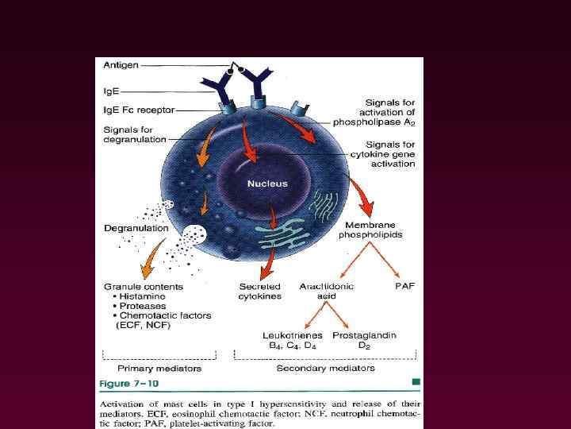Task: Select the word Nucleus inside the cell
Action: [267, 184]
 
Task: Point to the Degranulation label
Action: [136, 228]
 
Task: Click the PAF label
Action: [404, 285]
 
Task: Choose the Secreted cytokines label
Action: [259, 291]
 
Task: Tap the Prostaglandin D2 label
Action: [364, 340]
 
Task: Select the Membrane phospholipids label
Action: [370, 229]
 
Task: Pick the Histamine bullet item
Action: [143, 296]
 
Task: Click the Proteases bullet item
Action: [142, 305]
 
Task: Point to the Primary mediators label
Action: [159, 368]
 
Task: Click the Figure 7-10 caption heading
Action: [128, 383]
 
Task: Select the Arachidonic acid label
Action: [327, 291]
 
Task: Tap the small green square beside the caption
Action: [416, 382]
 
